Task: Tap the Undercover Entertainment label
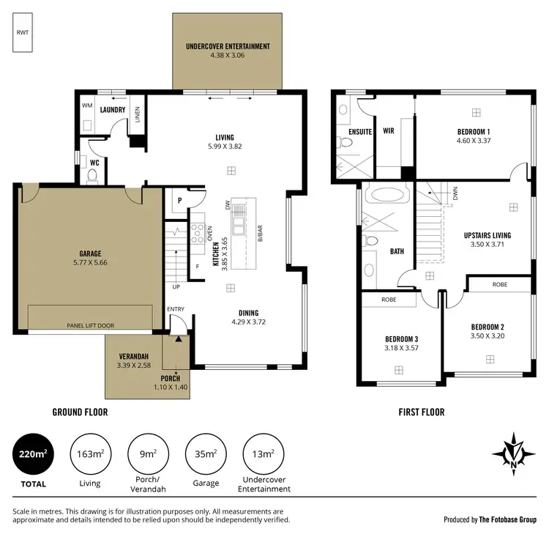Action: pyautogui.click(x=228, y=46)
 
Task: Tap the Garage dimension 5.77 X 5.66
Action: pyautogui.click(x=90, y=263)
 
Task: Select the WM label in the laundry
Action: pyautogui.click(x=87, y=106)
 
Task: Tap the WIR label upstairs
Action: pyautogui.click(x=388, y=132)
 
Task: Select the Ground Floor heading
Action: pyautogui.click(x=80, y=412)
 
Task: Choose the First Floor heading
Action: pyautogui.click(x=421, y=412)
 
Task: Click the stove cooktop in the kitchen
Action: pyautogui.click(x=198, y=234)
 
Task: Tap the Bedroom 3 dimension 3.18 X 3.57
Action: pyautogui.click(x=400, y=349)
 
